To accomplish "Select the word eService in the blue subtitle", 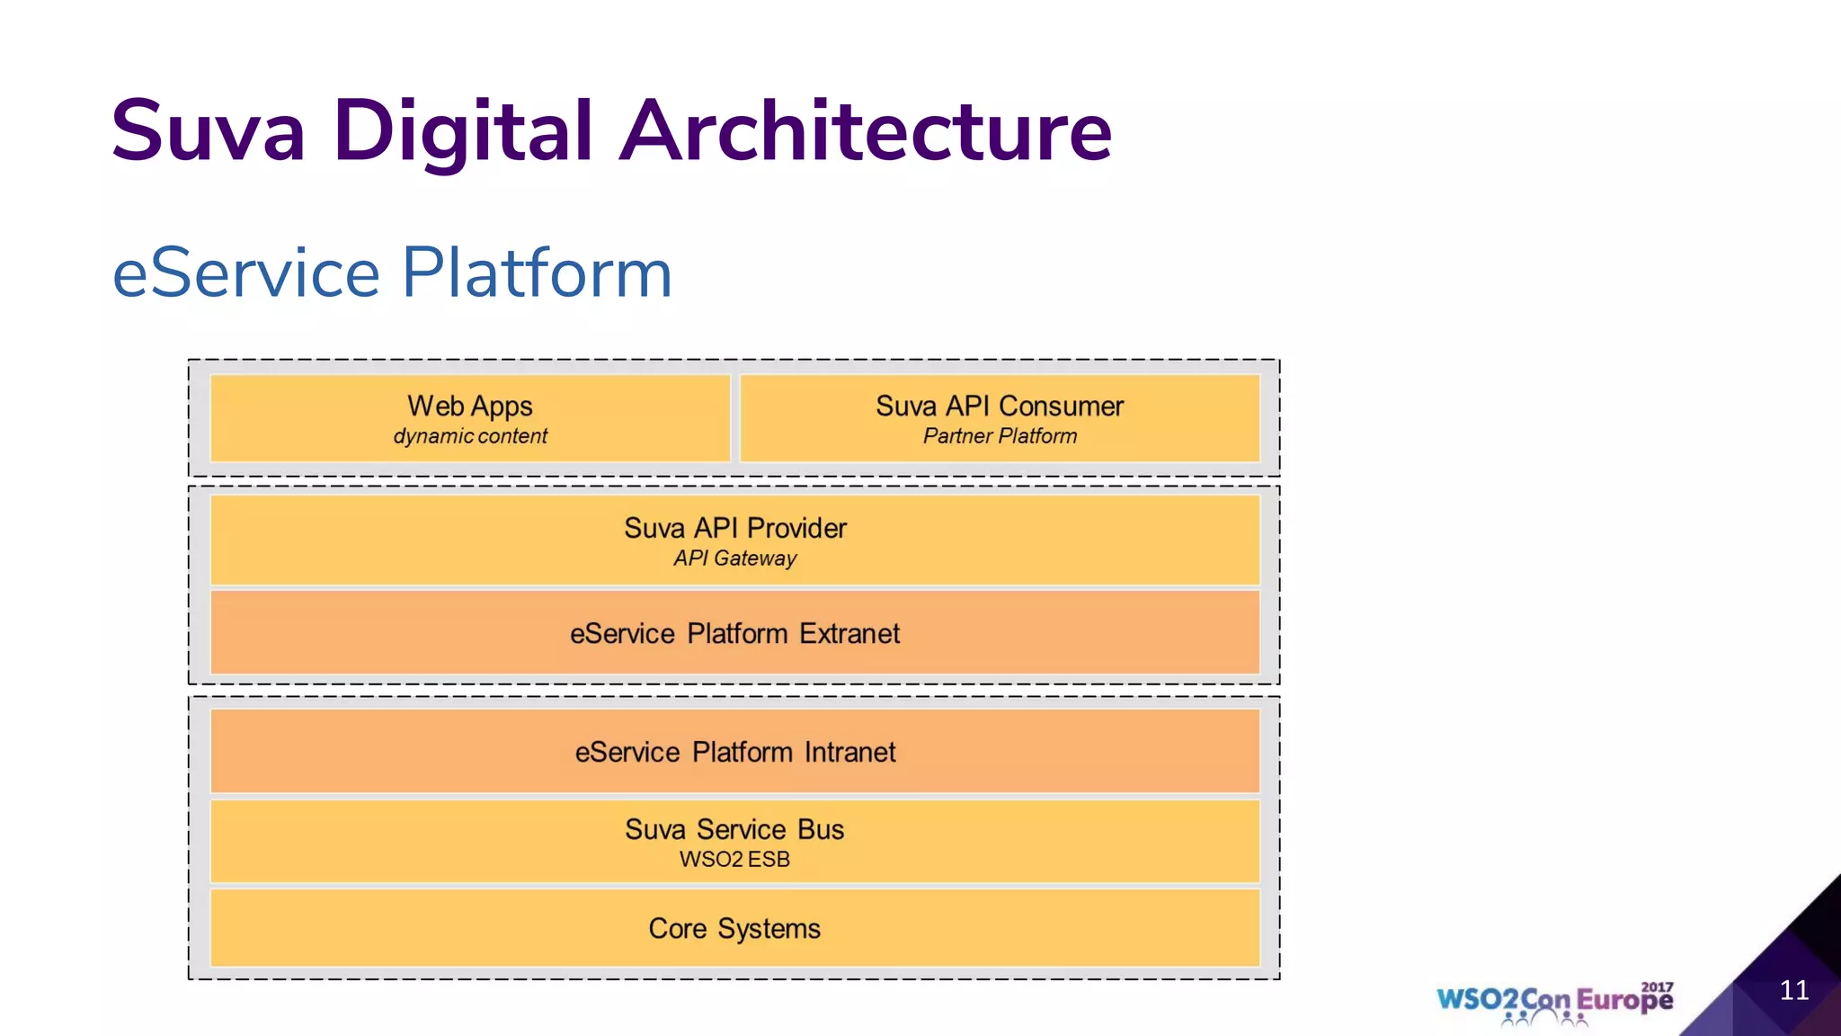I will point(246,273).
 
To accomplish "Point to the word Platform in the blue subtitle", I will point(537,273).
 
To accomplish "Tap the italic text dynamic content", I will point(469,437).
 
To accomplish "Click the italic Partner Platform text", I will point(1000,437).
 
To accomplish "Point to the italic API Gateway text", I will point(734,558).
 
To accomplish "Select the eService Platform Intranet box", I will point(734,752).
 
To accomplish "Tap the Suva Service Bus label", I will point(734,829).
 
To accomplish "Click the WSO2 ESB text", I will point(734,860).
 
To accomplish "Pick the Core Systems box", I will point(734,928).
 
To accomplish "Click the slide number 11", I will point(1793,990).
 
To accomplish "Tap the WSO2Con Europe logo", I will point(1554,1001).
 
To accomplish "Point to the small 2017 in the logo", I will point(1657,987).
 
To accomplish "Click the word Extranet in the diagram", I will point(849,634).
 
